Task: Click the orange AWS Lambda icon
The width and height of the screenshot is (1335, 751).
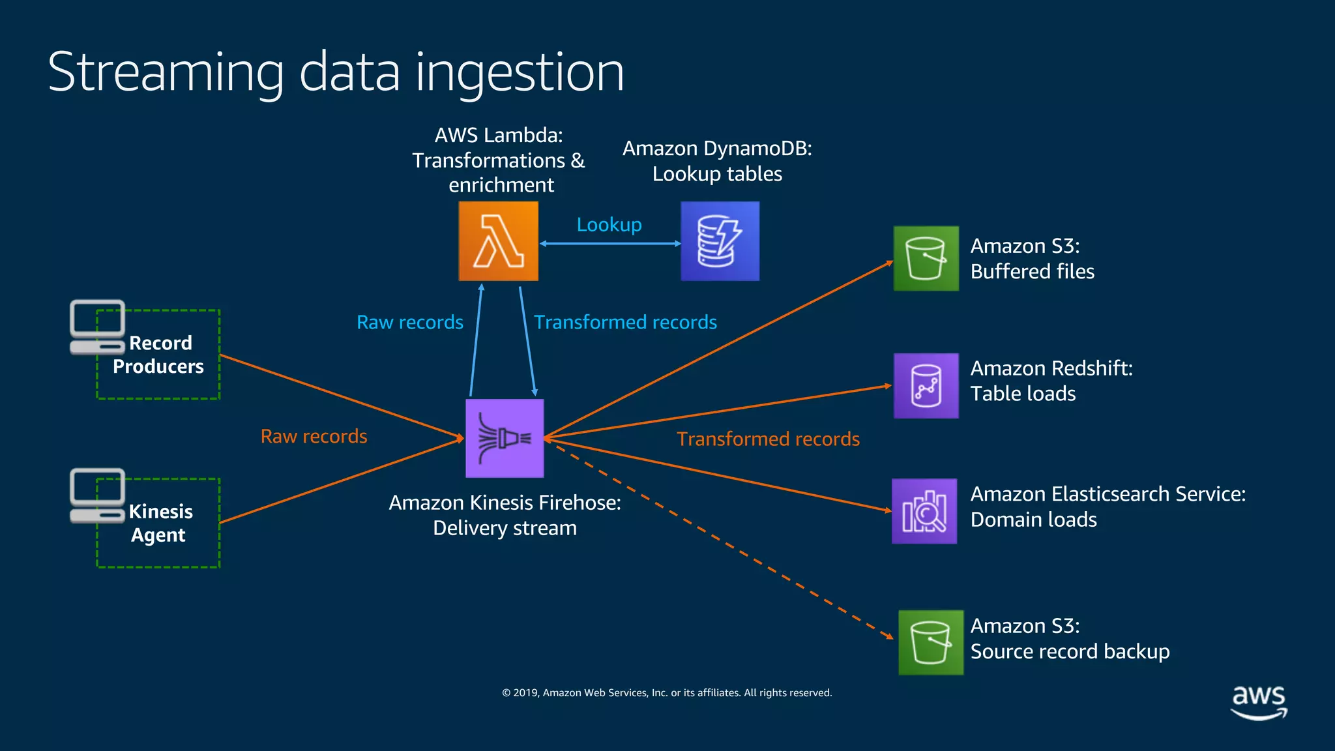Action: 499,241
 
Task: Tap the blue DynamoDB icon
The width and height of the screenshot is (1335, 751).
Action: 720,241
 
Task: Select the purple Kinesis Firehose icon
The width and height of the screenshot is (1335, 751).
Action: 505,438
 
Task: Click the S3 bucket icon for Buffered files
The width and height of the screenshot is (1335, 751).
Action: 926,258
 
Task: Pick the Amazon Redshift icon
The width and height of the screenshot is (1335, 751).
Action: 926,385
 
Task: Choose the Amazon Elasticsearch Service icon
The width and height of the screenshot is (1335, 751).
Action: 924,511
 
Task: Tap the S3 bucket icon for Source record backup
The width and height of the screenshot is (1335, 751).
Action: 931,642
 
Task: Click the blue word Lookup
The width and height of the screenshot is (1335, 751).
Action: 609,225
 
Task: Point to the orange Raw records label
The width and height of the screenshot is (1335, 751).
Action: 314,436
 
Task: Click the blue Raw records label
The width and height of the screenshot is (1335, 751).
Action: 410,322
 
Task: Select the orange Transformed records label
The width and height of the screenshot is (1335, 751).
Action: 768,439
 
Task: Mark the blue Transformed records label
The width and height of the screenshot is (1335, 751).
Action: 625,322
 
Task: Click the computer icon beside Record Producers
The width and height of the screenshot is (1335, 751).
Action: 97,327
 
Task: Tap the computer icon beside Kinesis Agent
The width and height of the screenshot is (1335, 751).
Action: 97,495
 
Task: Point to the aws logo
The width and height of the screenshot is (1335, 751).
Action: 1259,701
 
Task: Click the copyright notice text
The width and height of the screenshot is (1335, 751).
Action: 667,692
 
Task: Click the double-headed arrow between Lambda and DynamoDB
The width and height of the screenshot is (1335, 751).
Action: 610,244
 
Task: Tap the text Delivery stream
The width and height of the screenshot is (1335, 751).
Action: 505,528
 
